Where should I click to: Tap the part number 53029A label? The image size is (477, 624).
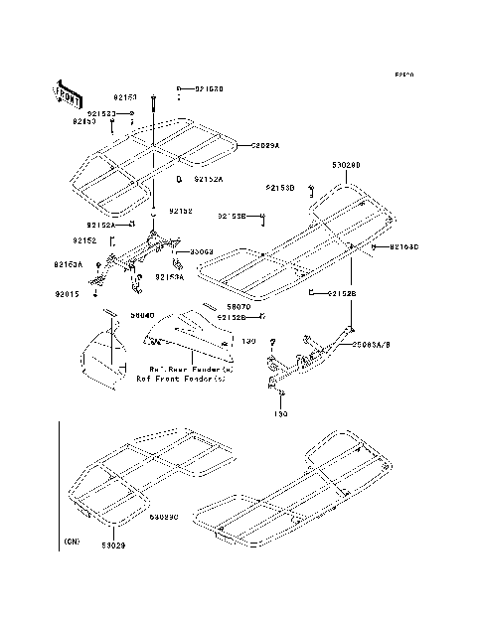pyautogui.click(x=264, y=145)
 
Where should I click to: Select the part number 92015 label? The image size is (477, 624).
pyautogui.click(x=67, y=294)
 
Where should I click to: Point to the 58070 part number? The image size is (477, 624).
pyautogui.click(x=237, y=308)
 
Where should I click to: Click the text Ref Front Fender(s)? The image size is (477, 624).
pyautogui.click(x=181, y=379)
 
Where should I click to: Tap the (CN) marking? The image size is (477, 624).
pyautogui.click(x=72, y=542)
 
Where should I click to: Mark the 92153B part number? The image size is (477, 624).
pyautogui.click(x=279, y=187)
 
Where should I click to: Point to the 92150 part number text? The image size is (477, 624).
pyautogui.click(x=124, y=97)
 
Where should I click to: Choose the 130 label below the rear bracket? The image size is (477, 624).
pyautogui.click(x=280, y=414)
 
